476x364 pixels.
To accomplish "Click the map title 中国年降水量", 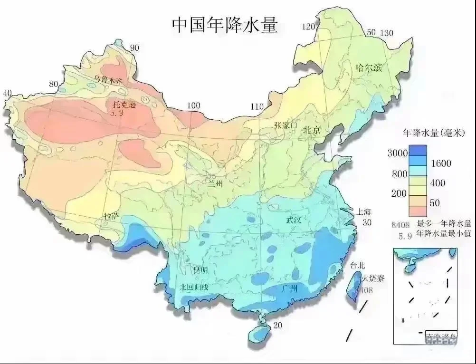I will coord(224,26).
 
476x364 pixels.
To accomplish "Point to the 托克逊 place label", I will coord(123,105).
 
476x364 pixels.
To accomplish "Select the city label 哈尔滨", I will coord(369,67).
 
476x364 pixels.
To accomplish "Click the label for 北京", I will coord(313,129).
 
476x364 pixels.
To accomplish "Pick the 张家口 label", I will coord(285,125).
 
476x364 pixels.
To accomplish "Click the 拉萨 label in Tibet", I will coord(112,216).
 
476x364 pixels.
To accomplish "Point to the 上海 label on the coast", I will coord(359,211).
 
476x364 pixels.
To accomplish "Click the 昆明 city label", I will coord(200,270).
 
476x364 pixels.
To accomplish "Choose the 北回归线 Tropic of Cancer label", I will coord(194,287).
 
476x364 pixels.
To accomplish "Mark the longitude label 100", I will coord(193,105).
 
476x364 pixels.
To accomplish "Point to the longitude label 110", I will coord(257,106).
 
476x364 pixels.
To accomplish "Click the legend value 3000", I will coord(398,153).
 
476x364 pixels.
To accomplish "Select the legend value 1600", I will coord(441,163).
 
